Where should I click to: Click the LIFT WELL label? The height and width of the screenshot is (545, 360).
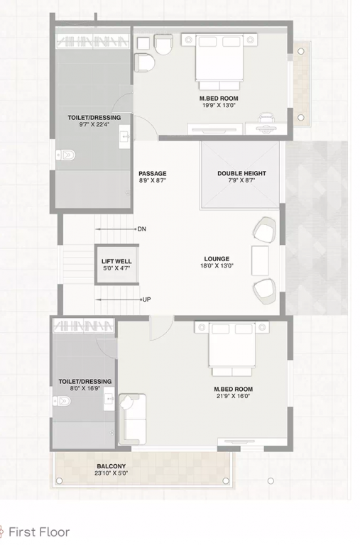click(x=116, y=261)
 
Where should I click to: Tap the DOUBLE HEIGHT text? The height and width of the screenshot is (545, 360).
click(x=241, y=173)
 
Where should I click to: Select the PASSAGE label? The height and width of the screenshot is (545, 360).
click(x=152, y=173)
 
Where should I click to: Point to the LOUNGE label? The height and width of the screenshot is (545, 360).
click(x=217, y=259)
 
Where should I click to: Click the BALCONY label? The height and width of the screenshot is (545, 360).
click(x=111, y=466)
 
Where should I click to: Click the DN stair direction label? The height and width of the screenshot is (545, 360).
click(x=142, y=229)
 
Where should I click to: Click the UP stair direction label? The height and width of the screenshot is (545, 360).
click(x=146, y=299)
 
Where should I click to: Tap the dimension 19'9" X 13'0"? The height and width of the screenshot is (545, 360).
click(x=219, y=106)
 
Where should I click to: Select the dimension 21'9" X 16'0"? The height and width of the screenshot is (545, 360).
click(x=233, y=396)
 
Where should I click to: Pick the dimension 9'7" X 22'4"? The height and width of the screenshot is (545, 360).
click(x=94, y=125)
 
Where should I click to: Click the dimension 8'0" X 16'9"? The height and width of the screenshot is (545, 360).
click(x=85, y=389)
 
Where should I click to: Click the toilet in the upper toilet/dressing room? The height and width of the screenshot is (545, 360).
click(x=65, y=154)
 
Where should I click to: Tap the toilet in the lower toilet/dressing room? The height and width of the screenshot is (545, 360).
click(x=62, y=402)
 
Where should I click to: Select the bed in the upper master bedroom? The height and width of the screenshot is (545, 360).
click(x=221, y=60)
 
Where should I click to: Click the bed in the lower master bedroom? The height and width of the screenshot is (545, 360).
click(x=231, y=348)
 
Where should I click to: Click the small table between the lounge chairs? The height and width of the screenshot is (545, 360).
click(x=260, y=260)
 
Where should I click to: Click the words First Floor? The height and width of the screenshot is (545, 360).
click(x=39, y=532)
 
